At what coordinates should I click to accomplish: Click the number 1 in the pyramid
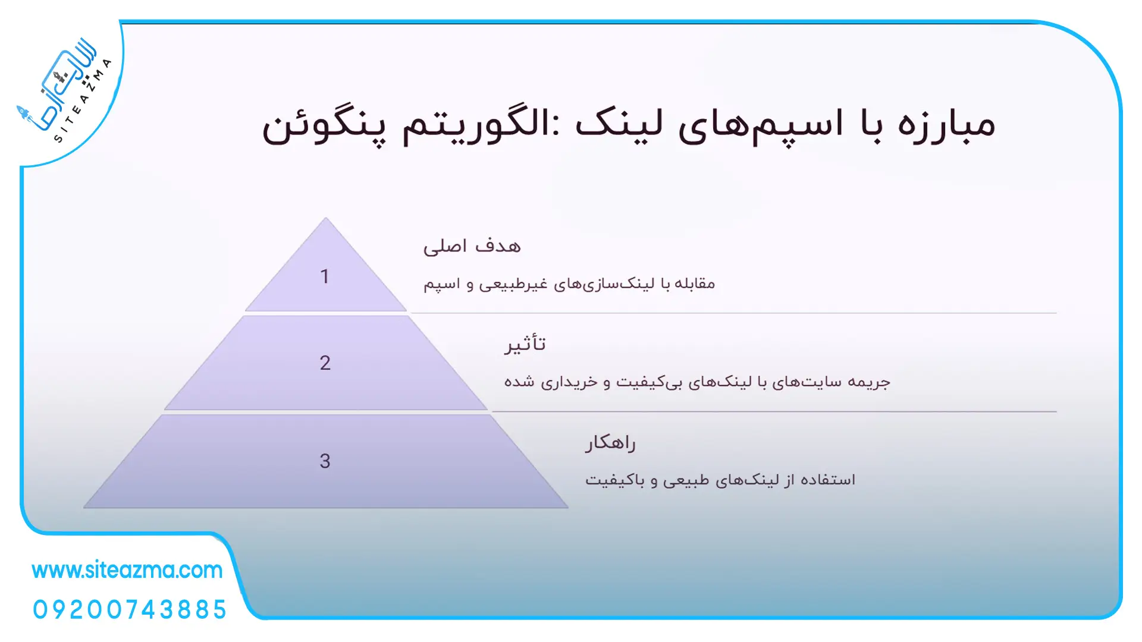coord(325,276)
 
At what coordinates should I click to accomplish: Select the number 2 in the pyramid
coord(325,363)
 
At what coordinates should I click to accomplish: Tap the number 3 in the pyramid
coord(325,461)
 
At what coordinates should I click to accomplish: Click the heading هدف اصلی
coord(472,246)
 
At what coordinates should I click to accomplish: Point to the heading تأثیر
coord(525,344)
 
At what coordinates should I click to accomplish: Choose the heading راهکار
coord(610,443)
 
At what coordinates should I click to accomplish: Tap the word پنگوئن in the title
coord(324,127)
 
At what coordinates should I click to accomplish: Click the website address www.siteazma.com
coord(127,570)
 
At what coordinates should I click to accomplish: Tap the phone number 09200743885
coord(130,610)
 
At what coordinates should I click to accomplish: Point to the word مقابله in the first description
coord(694,284)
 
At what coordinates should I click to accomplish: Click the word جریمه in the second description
coord(869,382)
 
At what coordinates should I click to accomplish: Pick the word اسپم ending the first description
coord(442,284)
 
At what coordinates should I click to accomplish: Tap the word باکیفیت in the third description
coord(614,480)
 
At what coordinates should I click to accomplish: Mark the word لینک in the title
coord(619,124)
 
